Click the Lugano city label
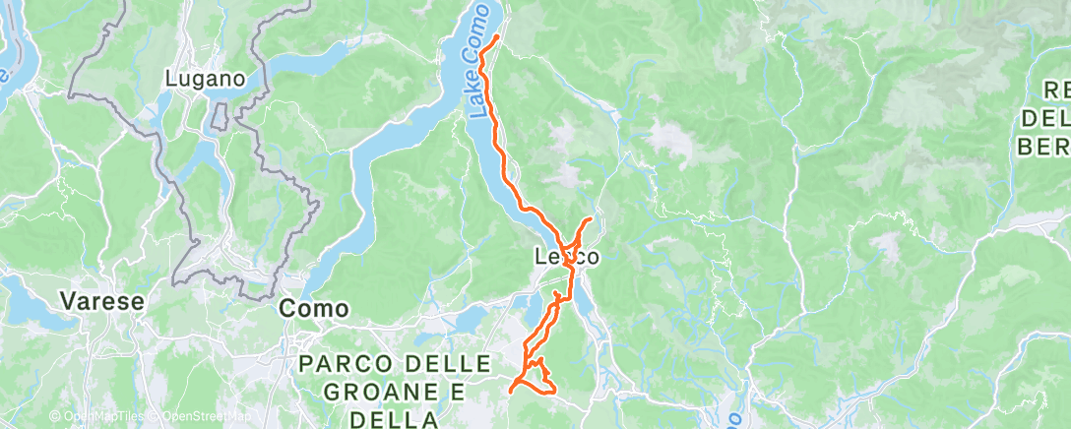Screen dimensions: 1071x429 click(x=205, y=79)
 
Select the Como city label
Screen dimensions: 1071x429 click(x=314, y=308)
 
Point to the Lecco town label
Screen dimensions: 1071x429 click(x=566, y=257)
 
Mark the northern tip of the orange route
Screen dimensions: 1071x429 click(x=498, y=36)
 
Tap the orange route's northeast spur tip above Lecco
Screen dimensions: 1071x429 click(x=591, y=218)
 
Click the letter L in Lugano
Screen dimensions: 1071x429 click(x=171, y=79)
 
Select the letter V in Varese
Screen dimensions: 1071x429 click(x=67, y=300)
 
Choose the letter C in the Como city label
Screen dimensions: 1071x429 click(x=287, y=308)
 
